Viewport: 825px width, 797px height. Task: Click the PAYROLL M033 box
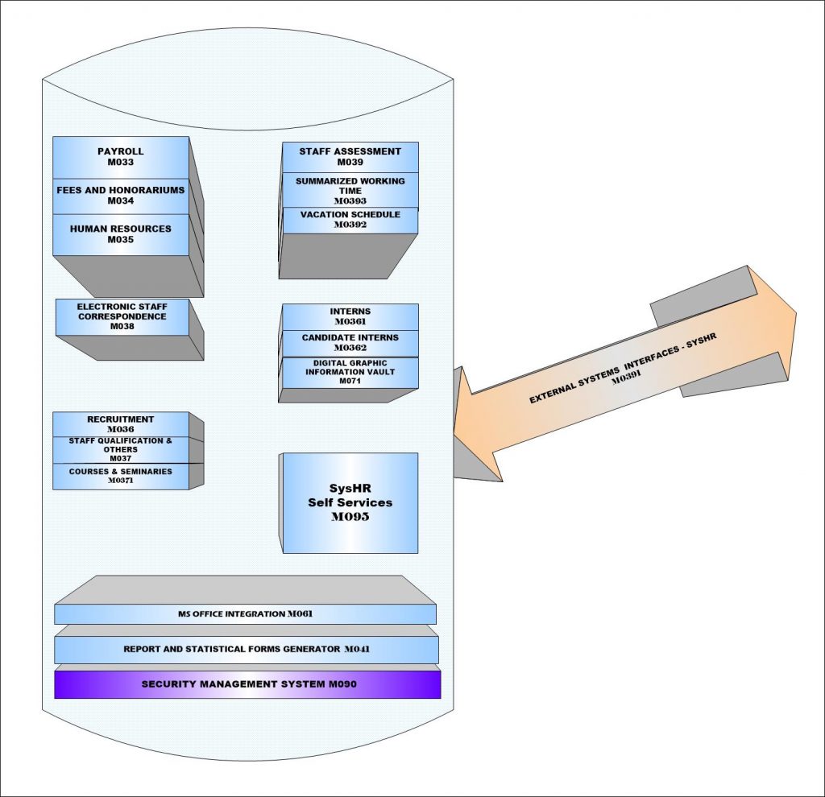pos(121,157)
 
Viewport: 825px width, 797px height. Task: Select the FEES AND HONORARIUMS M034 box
pos(121,196)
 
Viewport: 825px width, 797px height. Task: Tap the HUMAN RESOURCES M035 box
pos(121,234)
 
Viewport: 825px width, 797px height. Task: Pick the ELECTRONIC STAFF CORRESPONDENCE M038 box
pos(122,317)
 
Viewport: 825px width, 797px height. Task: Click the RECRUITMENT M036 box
pos(121,424)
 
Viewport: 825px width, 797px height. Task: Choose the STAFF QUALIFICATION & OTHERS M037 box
pos(121,449)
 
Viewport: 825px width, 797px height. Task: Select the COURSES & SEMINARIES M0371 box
pos(121,476)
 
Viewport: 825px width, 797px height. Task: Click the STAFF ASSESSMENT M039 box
pos(350,157)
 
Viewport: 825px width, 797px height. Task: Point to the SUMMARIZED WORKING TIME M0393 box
pos(350,190)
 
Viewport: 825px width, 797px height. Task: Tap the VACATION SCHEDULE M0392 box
pos(350,220)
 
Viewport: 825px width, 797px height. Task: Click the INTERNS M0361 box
pos(350,316)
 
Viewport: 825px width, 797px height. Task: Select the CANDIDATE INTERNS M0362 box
pos(350,343)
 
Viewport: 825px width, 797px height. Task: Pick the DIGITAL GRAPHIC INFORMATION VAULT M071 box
pos(350,371)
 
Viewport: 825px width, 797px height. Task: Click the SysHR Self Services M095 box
pos(350,502)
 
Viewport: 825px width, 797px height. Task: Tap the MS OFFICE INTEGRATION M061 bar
pos(245,614)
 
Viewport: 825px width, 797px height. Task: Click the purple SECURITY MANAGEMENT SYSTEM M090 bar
pos(247,684)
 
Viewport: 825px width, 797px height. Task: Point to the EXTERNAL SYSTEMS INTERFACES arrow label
pos(622,367)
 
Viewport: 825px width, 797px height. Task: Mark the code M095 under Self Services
pos(350,518)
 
